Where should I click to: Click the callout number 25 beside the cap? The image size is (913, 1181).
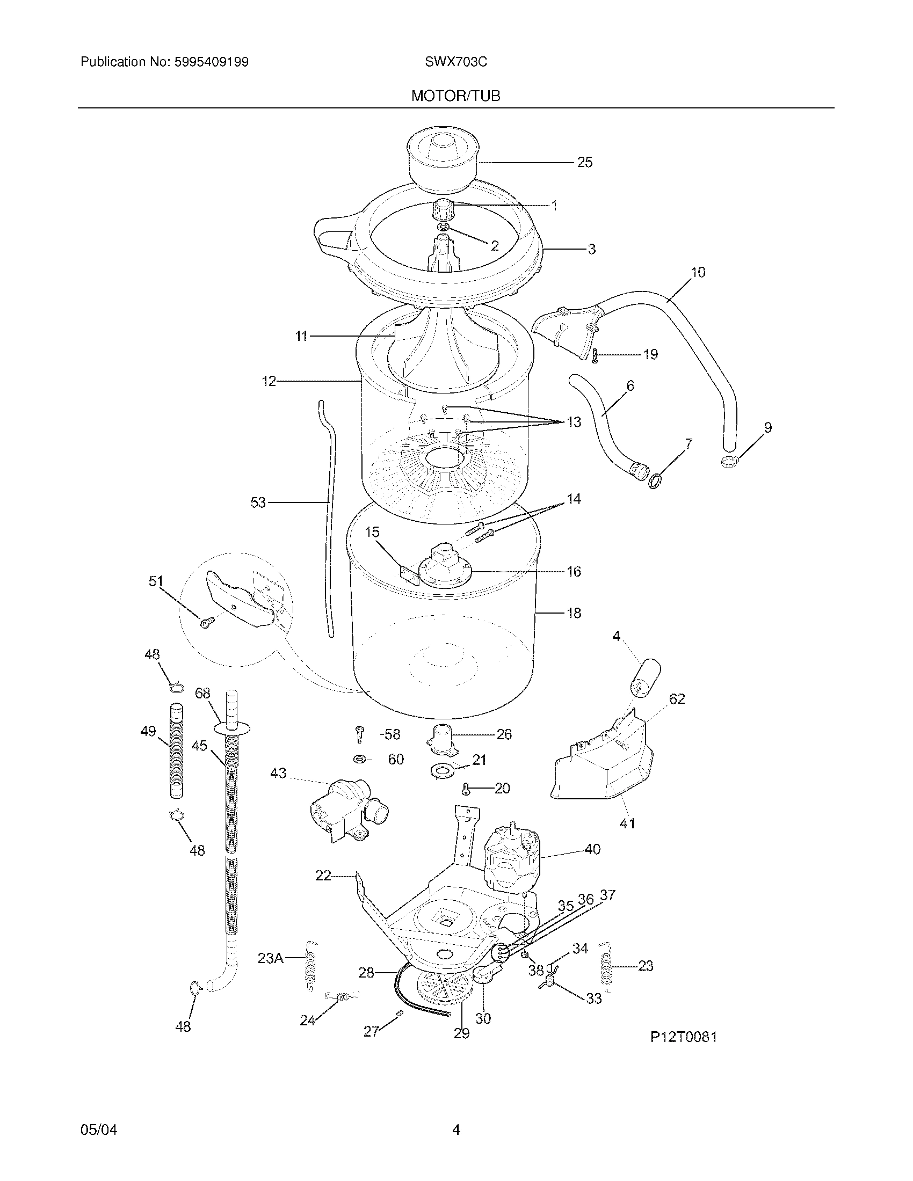(584, 162)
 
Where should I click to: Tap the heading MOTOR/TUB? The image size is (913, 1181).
(455, 96)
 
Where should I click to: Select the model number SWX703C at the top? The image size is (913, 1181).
(455, 62)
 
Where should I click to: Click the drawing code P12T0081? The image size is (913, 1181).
(683, 1037)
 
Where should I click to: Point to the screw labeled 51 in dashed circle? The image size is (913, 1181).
(206, 622)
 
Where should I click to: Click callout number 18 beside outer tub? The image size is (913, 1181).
(574, 613)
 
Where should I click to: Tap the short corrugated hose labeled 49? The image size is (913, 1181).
(177, 749)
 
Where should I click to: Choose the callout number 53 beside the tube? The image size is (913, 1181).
(258, 502)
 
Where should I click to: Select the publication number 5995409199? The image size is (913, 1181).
(211, 62)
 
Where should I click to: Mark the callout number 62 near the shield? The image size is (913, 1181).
(677, 698)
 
